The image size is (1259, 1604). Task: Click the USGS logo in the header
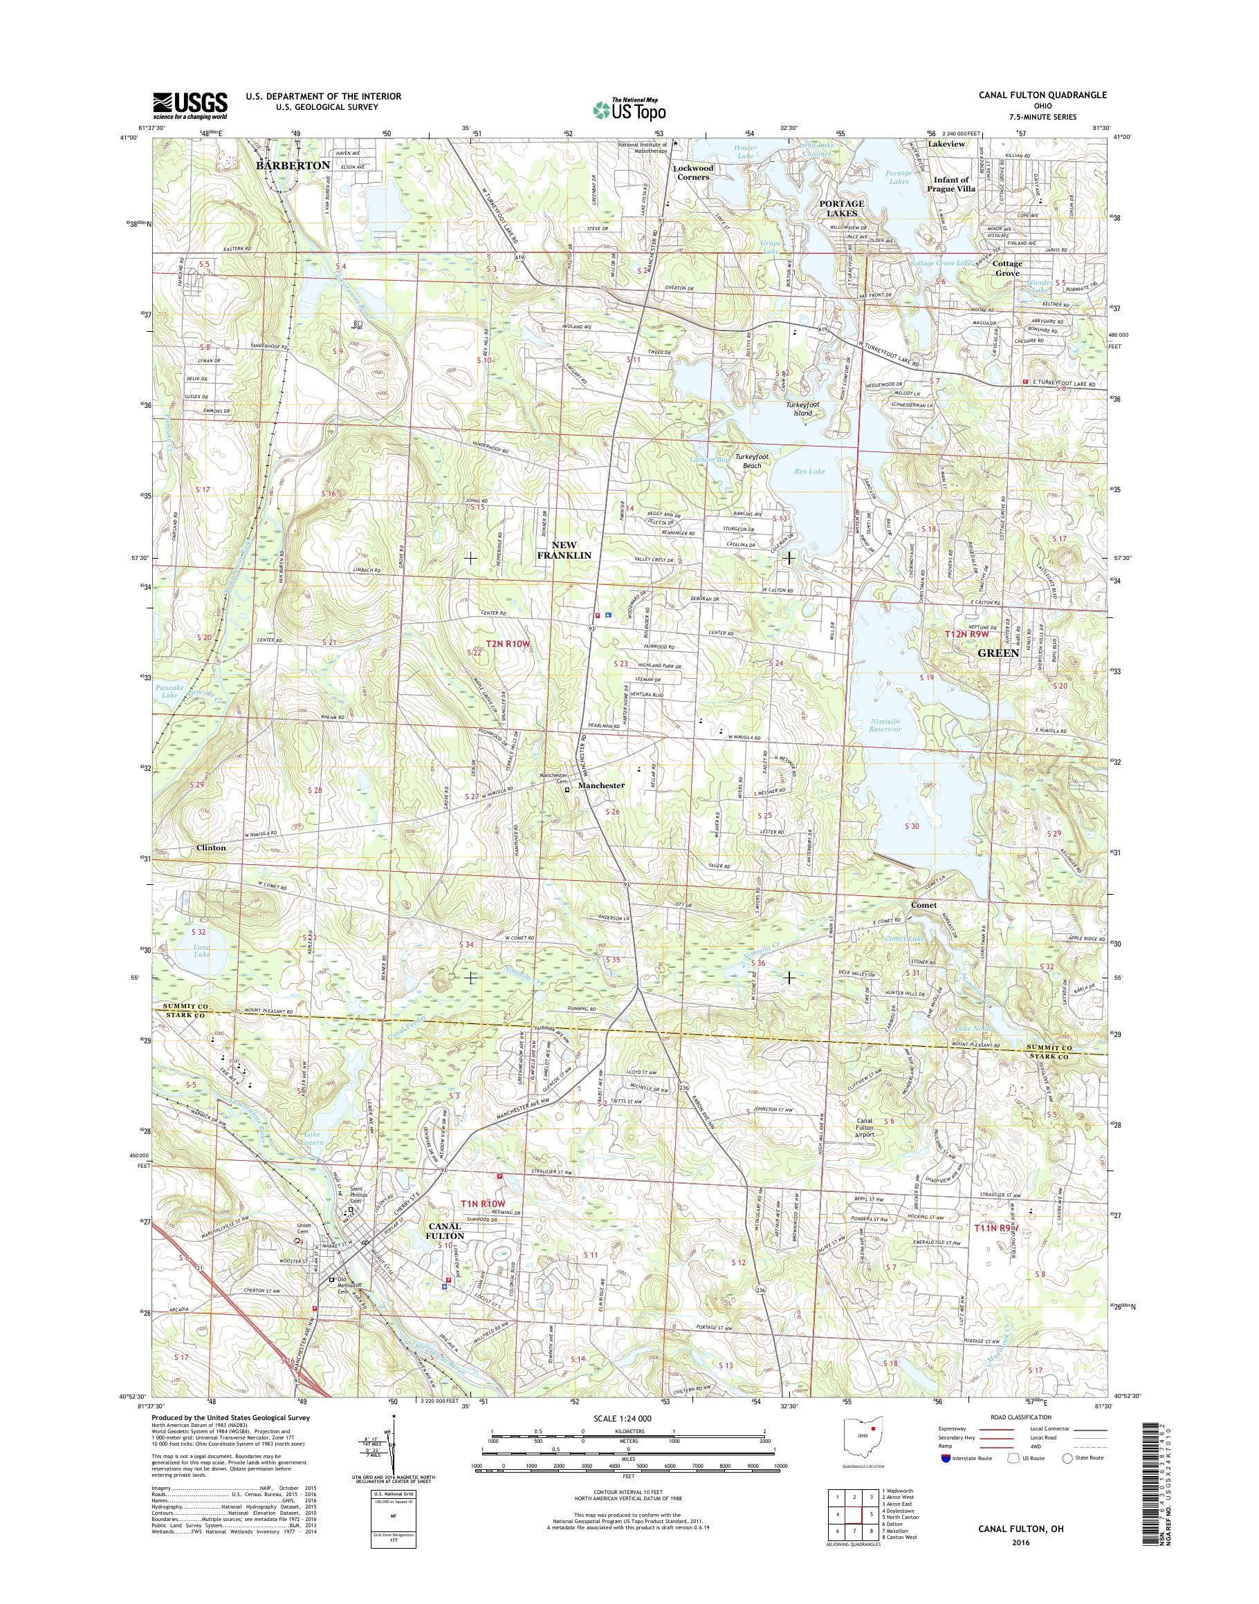[x=190, y=105]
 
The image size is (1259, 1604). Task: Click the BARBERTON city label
[x=293, y=166]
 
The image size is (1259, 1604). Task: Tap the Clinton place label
[x=211, y=848]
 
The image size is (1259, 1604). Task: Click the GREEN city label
[x=998, y=653]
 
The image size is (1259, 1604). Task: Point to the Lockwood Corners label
[x=693, y=172]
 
